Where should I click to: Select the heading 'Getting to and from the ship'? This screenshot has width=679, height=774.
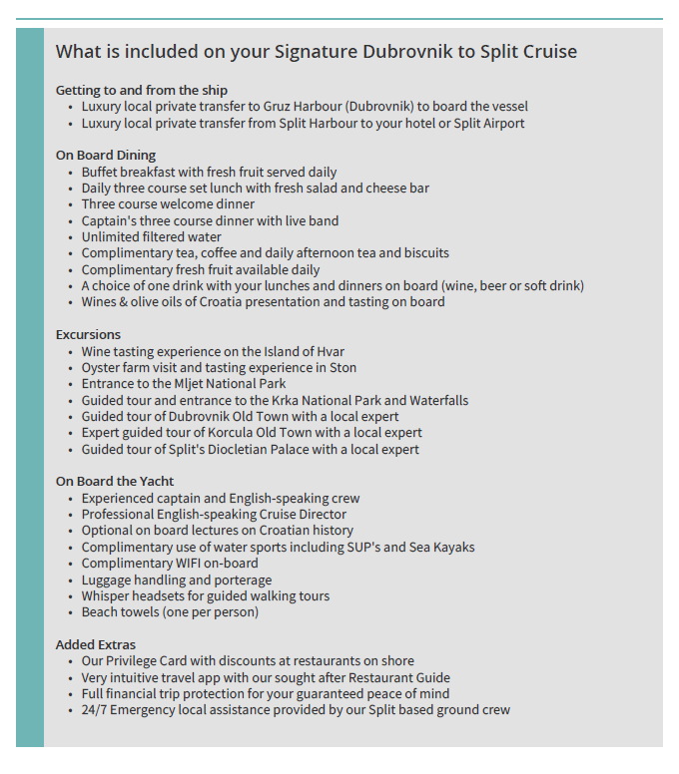[x=142, y=90]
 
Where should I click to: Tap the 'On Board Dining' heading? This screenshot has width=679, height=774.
[x=106, y=155]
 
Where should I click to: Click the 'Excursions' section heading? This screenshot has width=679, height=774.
[x=88, y=334]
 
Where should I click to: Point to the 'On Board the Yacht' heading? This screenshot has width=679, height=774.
[x=115, y=481]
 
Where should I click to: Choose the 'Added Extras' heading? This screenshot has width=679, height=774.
[x=96, y=644]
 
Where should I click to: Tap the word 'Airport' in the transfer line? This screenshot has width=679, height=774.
[x=500, y=124]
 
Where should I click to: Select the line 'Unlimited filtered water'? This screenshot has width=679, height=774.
[x=152, y=237]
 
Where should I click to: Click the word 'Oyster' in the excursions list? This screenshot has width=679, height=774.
[x=102, y=368]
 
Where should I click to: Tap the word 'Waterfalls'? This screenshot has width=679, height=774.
[x=434, y=400]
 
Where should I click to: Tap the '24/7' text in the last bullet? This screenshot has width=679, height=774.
[x=97, y=710]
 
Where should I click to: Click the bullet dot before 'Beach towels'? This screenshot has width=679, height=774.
[x=70, y=612]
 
